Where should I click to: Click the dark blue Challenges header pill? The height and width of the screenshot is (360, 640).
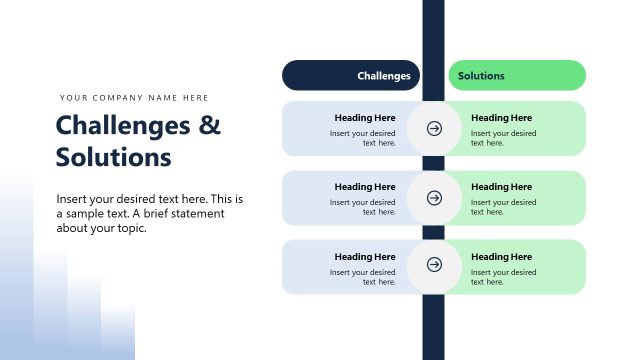351,75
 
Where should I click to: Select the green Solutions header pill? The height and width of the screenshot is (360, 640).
516,75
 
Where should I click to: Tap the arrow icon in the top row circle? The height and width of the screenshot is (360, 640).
434,128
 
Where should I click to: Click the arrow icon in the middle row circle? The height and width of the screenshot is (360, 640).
434,198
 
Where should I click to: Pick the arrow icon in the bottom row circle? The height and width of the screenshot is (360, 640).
434,265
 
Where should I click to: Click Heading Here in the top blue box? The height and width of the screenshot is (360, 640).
365,118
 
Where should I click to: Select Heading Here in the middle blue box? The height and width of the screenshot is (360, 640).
365,187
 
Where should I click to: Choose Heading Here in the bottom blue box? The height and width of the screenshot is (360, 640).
365,257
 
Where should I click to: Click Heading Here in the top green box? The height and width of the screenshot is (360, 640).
502,118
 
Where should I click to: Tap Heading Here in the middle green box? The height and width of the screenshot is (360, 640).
502,187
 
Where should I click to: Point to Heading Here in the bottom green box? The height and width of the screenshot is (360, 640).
502,257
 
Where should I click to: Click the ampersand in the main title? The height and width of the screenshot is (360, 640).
209,126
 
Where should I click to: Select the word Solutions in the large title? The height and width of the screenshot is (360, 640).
114,158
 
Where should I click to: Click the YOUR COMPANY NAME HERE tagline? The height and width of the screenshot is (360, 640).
134,98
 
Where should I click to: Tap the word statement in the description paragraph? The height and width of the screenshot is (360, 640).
197,213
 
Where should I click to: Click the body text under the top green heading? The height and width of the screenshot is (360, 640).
503,138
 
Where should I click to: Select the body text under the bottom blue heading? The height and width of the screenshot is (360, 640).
364,277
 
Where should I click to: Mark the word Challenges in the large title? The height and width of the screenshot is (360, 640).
124,126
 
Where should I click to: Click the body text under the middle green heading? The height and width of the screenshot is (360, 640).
503,207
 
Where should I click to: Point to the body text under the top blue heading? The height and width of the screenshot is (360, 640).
364,138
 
